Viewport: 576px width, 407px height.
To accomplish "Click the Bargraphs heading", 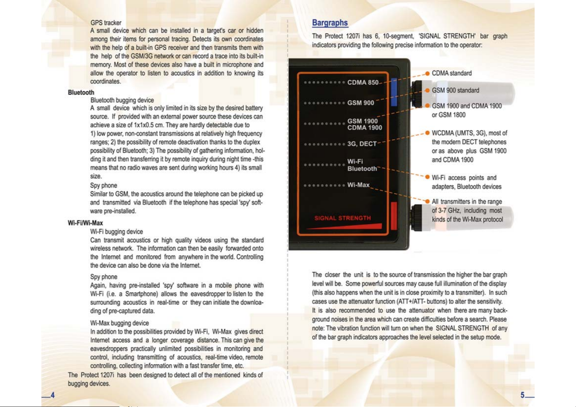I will pos(330,23).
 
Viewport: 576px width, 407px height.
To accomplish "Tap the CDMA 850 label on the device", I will pos(363,82).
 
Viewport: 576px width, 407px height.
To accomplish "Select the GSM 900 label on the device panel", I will pos(361,103).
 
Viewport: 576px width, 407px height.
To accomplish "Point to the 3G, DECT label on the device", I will pos(362,144).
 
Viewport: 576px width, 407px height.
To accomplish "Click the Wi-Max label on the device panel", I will pos(358,185).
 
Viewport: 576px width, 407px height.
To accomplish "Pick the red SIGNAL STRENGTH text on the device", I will pos(343,218).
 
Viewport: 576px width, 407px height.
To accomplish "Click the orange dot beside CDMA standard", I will pos(427,73).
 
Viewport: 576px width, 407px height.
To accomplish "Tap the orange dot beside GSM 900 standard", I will pos(427,91).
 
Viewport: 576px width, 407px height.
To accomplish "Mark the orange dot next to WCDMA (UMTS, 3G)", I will pos(427,133).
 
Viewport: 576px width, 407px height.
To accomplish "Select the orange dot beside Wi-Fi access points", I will pos(427,177).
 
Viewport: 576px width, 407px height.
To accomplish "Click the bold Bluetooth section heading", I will pos(81,93).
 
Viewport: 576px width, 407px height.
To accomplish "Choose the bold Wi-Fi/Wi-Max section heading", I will pos(85,223).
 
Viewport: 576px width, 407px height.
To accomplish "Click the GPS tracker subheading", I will pos(106,23).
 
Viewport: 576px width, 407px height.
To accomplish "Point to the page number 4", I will pos(52,395).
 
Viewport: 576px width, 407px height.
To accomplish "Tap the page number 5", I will pos(522,395).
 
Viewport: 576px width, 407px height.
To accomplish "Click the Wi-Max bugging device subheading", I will pos(120,323).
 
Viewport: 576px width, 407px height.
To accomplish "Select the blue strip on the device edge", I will pos(394,92).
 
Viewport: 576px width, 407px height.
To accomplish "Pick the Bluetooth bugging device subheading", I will pos(122,100).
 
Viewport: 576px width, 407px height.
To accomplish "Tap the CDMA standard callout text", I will pos(452,73).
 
